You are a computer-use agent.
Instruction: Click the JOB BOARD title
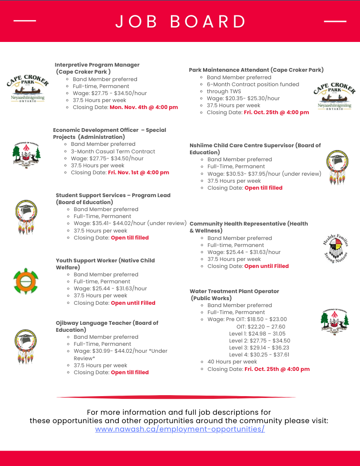[181, 22]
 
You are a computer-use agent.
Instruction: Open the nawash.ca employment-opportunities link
[180, 429]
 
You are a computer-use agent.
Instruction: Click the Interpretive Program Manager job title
[97, 65]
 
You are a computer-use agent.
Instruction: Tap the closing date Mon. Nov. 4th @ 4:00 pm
[143, 107]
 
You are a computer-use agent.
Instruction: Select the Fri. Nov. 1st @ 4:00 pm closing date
[138, 172]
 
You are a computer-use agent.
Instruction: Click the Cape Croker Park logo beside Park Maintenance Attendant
[334, 96]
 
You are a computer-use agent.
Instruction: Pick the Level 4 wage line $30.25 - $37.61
[259, 355]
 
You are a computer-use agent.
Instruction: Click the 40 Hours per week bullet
[232, 362]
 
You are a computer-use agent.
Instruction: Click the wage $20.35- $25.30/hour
[243, 98]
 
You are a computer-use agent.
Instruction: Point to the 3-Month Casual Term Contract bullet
[113, 151]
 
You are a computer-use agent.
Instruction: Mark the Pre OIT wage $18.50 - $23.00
[256, 319]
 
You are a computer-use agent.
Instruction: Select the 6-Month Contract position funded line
[253, 84]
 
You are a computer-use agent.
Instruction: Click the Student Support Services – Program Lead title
[113, 195]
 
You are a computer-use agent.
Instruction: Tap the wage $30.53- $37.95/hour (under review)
[264, 173]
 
